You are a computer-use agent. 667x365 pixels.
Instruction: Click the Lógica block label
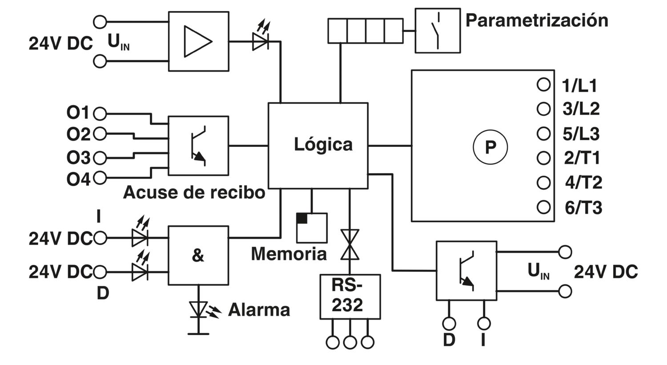pyautogui.click(x=323, y=145)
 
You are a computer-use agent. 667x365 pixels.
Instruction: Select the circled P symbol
pyautogui.click(x=490, y=147)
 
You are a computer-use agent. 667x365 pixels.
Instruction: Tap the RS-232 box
pyautogui.click(x=350, y=297)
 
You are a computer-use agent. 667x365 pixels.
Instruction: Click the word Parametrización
pyautogui.click(x=537, y=20)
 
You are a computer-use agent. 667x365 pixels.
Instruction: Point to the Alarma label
pyautogui.click(x=259, y=310)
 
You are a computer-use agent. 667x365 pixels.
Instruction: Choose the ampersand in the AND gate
pyautogui.click(x=198, y=255)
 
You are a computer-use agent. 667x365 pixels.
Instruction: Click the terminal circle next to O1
pyautogui.click(x=100, y=114)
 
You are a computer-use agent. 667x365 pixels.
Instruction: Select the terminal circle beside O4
pyautogui.click(x=100, y=178)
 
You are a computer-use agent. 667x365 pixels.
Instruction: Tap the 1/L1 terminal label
pyautogui.click(x=579, y=86)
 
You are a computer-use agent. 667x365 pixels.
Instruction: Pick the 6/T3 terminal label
pyautogui.click(x=583, y=208)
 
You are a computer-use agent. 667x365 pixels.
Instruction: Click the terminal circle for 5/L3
pyautogui.click(x=543, y=134)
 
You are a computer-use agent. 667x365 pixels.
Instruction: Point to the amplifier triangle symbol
pyautogui.click(x=198, y=41)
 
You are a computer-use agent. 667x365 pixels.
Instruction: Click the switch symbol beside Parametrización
pyautogui.click(x=438, y=31)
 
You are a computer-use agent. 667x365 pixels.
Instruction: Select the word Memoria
pyautogui.click(x=289, y=254)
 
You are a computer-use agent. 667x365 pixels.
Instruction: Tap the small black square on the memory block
pyautogui.click(x=301, y=218)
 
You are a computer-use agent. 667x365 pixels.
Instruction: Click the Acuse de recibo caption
pyautogui.click(x=194, y=192)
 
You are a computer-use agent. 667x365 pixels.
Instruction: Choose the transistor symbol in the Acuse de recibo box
pyautogui.click(x=198, y=146)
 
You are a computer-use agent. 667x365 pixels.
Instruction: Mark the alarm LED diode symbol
pyautogui.click(x=198, y=310)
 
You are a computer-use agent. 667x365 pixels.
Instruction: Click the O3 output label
pyautogui.click(x=78, y=158)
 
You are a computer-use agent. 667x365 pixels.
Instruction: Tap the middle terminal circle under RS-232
pyautogui.click(x=350, y=342)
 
